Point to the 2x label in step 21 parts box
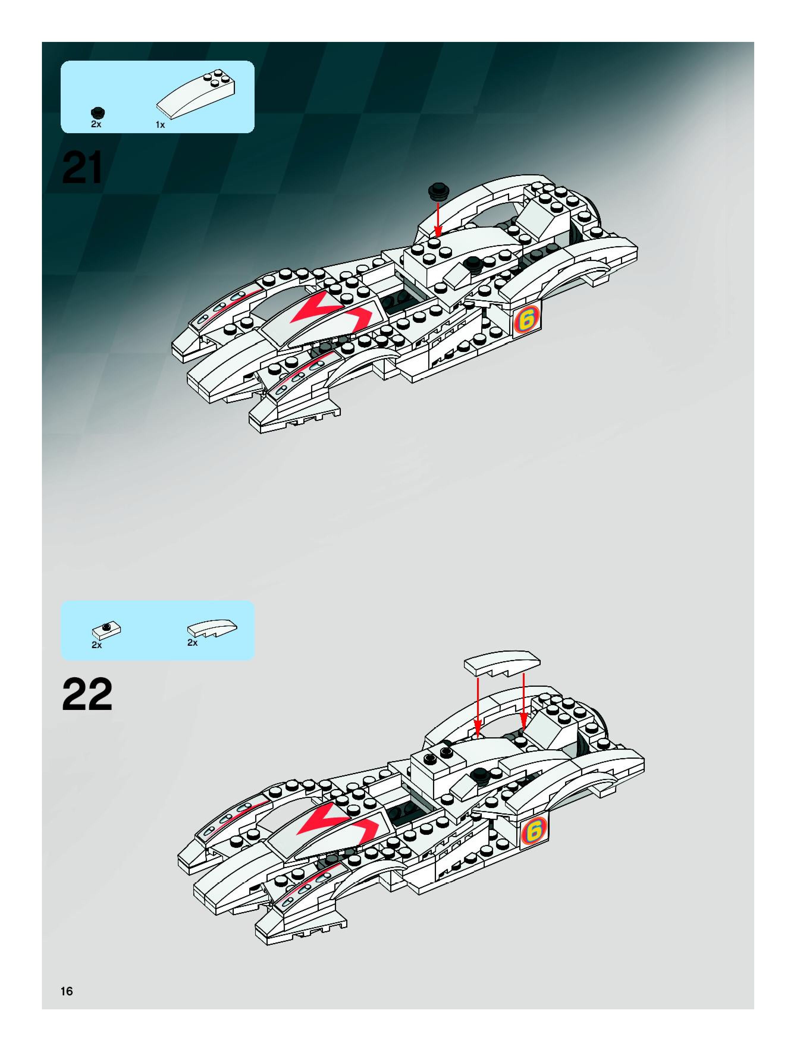point(96,124)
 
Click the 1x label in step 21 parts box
point(160,125)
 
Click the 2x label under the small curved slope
point(192,642)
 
